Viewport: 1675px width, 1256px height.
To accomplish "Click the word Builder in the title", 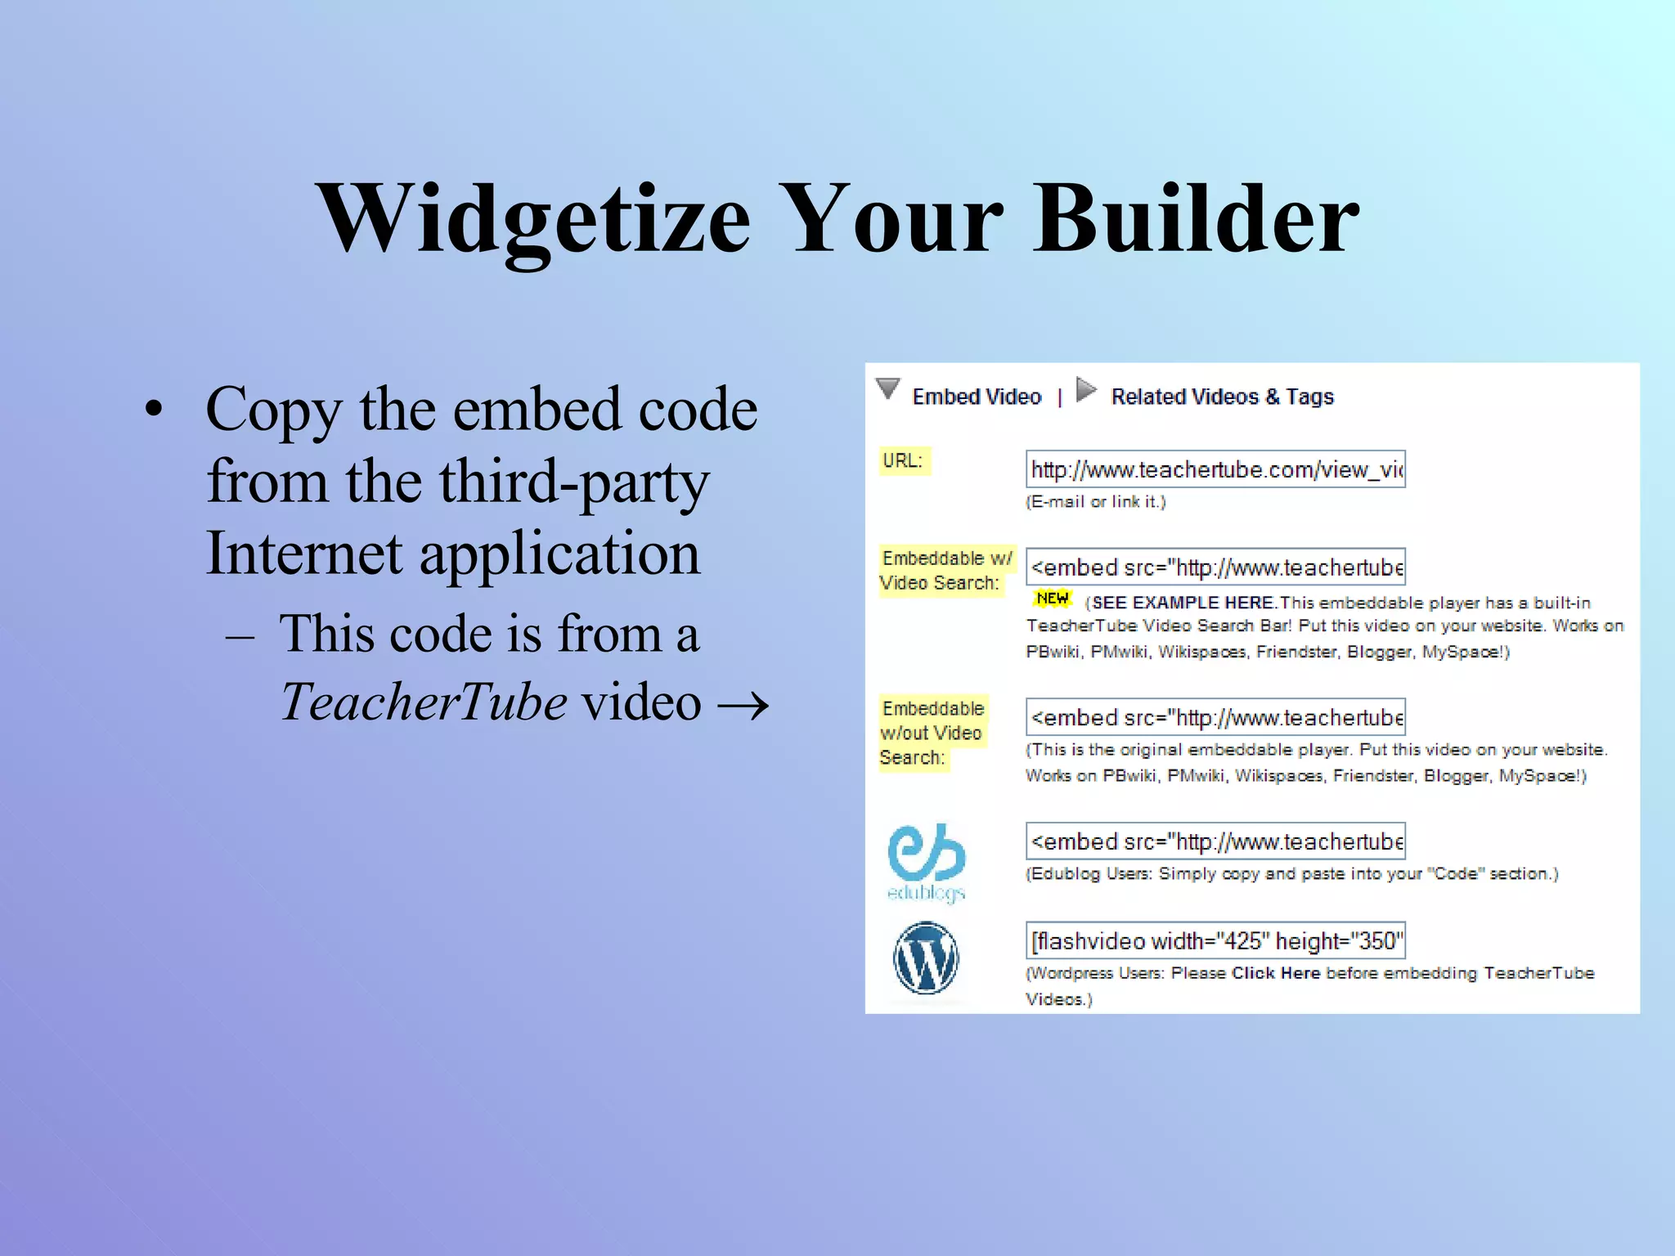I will click(1196, 219).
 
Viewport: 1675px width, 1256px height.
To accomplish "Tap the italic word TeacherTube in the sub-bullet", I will click(424, 702).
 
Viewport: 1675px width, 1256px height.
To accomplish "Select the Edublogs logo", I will click(927, 861).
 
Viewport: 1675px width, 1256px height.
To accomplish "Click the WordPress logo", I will click(926, 958).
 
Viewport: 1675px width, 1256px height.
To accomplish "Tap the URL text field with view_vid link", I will click(1215, 469).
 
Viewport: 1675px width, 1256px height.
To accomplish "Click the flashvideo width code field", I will click(1215, 940).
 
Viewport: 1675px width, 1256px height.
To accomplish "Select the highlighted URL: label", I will click(903, 461).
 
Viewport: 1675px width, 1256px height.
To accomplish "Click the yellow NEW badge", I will click(1052, 599).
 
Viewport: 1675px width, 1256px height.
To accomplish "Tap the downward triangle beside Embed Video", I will click(888, 388).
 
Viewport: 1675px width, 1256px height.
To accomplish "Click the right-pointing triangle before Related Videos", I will click(1086, 389).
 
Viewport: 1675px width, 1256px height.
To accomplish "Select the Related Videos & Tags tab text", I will click(1222, 397).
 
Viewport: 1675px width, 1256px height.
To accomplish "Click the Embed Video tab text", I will click(977, 397).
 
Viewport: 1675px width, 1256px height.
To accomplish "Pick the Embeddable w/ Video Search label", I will click(945, 571).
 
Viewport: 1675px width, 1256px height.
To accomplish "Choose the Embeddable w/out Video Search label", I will click(932, 733).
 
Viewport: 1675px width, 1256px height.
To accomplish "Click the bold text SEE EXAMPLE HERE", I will click(1183, 603).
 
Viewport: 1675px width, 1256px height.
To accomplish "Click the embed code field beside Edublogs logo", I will click(1215, 841).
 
